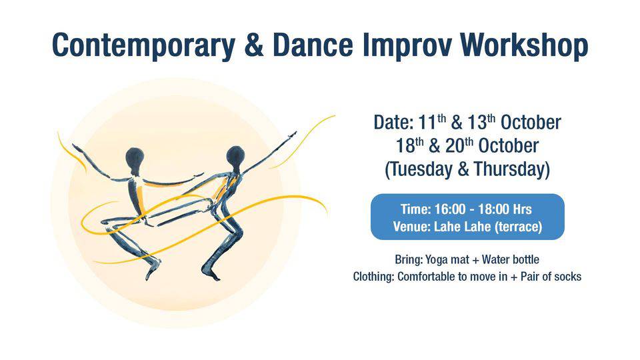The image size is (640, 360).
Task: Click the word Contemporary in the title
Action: [x=144, y=46]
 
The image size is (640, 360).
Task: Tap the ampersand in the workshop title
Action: [x=254, y=45]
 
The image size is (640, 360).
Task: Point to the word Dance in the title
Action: [x=313, y=45]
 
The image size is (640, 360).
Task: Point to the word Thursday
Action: [x=512, y=169]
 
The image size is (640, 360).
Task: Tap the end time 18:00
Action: [x=494, y=209]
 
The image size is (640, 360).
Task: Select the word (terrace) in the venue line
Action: [x=519, y=227]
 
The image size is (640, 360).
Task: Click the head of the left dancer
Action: [x=135, y=157]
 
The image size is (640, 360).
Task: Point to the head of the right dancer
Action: [x=235, y=156]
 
